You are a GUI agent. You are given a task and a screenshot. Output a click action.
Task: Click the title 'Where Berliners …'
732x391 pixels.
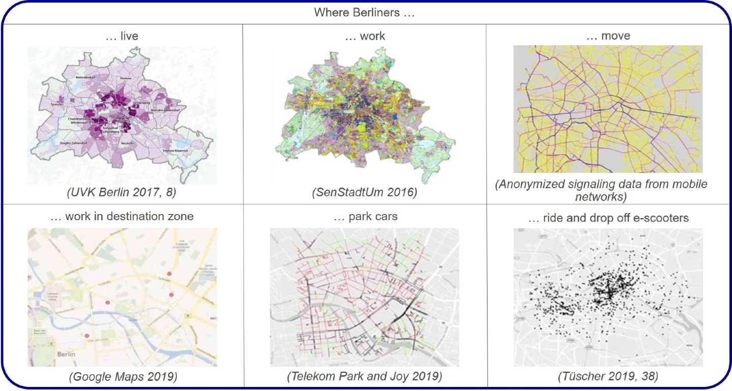364,13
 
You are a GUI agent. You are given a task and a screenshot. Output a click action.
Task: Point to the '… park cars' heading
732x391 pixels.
365,217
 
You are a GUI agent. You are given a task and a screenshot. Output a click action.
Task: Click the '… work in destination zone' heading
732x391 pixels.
122,217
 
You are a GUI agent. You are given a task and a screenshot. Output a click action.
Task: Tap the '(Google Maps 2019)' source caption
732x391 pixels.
122,377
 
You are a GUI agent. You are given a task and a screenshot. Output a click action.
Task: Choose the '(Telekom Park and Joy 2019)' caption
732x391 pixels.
365,377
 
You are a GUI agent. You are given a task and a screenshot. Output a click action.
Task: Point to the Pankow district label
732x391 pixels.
126,78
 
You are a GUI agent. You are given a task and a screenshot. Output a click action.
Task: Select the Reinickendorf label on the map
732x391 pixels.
85,76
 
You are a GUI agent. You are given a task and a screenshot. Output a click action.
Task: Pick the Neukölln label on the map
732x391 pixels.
128,143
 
